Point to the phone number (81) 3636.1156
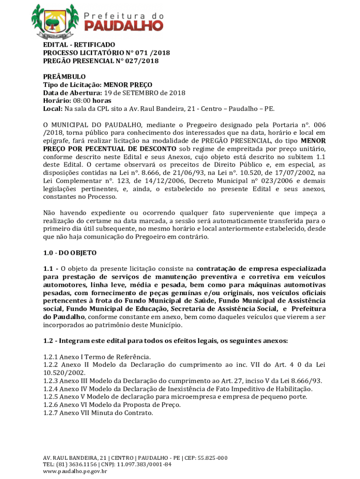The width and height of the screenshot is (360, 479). (71, 464)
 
